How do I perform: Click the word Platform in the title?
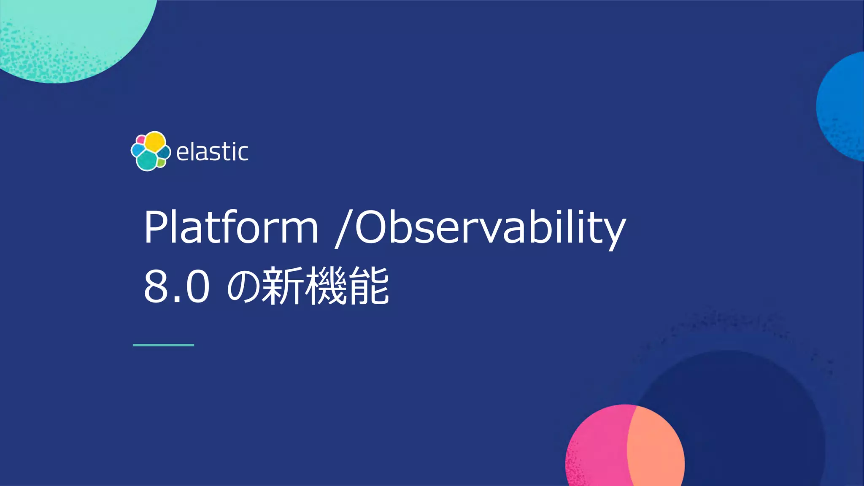click(x=231, y=228)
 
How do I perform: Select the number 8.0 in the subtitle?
click(x=176, y=287)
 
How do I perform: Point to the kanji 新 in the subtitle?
click(x=282, y=287)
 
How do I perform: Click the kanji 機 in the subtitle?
click(x=325, y=287)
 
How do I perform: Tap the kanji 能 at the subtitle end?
click(x=368, y=287)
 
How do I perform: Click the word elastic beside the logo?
click(x=212, y=152)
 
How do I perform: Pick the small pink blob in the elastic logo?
click(x=141, y=140)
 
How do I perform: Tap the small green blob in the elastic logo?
click(x=161, y=163)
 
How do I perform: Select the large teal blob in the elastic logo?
click(x=147, y=160)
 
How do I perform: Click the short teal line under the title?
click(x=163, y=345)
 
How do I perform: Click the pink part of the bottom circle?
click(x=597, y=447)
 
